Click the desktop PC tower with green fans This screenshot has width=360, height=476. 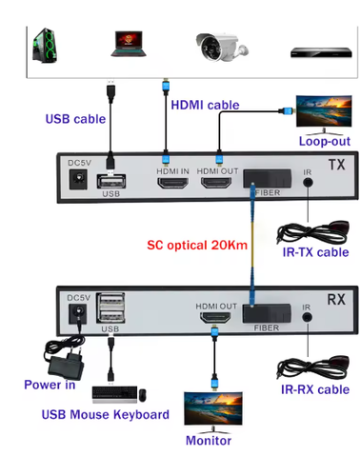[x=45, y=45]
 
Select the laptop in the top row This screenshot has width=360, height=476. [x=129, y=44]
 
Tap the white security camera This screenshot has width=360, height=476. [x=222, y=47]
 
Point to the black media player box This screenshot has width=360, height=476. [x=321, y=52]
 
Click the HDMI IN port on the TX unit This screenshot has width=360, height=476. [x=173, y=183]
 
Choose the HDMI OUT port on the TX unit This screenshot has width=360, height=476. [x=216, y=183]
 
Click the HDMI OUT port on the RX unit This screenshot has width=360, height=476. [x=215, y=318]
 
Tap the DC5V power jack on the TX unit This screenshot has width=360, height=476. [x=78, y=180]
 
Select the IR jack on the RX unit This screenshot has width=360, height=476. [x=307, y=317]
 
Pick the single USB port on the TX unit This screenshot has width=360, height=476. [x=111, y=182]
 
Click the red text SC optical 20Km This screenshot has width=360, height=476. [x=197, y=245]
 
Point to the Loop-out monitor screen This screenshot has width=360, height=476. [x=324, y=111]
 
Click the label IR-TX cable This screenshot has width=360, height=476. [x=316, y=252]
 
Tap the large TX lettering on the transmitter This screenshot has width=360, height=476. [x=337, y=165]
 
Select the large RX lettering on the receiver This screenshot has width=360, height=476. [x=336, y=300]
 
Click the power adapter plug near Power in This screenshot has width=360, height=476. [x=66, y=358]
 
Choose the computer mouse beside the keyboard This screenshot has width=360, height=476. [x=143, y=395]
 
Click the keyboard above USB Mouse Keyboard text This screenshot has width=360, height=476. [x=114, y=394]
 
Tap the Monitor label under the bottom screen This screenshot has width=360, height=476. [x=209, y=441]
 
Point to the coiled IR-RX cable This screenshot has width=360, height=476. [x=313, y=367]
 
